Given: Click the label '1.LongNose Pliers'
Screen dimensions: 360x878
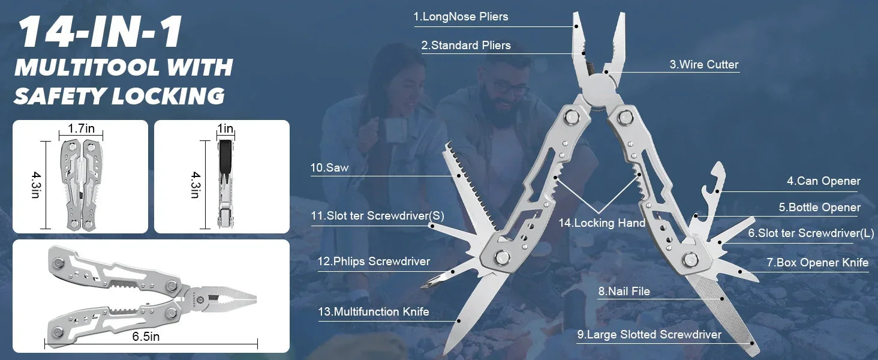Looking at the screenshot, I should tap(461, 17).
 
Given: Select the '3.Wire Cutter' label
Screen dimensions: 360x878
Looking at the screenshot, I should tap(703, 65).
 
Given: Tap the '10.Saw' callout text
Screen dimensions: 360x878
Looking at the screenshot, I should tap(329, 168).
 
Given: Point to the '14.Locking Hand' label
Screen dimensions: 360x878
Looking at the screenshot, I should tap(602, 223).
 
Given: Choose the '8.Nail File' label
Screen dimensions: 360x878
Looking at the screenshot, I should tap(624, 292).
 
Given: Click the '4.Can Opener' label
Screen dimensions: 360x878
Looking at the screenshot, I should tap(823, 181).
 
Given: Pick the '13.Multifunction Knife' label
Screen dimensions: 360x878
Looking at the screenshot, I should tap(374, 311).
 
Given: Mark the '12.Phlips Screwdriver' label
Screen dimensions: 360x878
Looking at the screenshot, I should tap(374, 262).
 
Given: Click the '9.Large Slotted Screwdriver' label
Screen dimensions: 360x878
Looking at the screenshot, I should tap(649, 335).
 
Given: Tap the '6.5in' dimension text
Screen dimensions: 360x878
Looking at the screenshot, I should tap(146, 337).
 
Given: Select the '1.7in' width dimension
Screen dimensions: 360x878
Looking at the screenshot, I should tap(81, 128).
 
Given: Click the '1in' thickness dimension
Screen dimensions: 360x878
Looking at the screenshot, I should tap(225, 128).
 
